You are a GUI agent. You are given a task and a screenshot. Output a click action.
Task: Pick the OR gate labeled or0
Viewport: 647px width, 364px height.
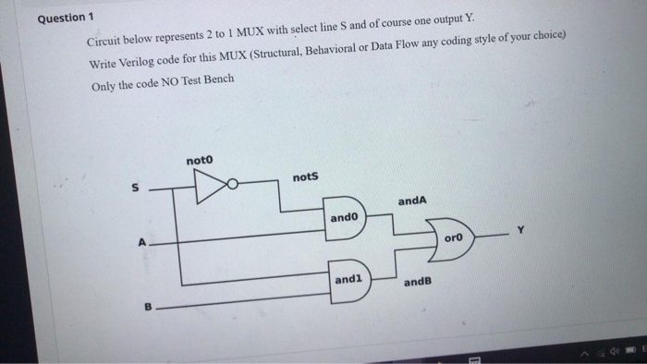click(x=452, y=238)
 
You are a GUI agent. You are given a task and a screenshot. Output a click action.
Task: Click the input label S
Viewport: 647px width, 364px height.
click(x=133, y=188)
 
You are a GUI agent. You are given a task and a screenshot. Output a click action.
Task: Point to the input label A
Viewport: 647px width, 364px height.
click(x=141, y=244)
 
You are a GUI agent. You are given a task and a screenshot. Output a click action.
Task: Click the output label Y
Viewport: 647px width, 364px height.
click(x=519, y=231)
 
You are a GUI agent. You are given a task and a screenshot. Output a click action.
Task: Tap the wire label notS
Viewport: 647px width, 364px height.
click(x=305, y=176)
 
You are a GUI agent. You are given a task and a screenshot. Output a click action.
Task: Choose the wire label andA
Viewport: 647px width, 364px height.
click(x=411, y=200)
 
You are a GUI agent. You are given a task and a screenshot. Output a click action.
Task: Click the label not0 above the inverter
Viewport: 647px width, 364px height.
click(x=199, y=161)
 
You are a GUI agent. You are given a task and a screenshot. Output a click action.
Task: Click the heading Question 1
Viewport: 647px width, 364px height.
click(x=67, y=20)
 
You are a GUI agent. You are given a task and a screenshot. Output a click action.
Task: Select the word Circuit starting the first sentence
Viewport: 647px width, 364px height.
click(x=104, y=42)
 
